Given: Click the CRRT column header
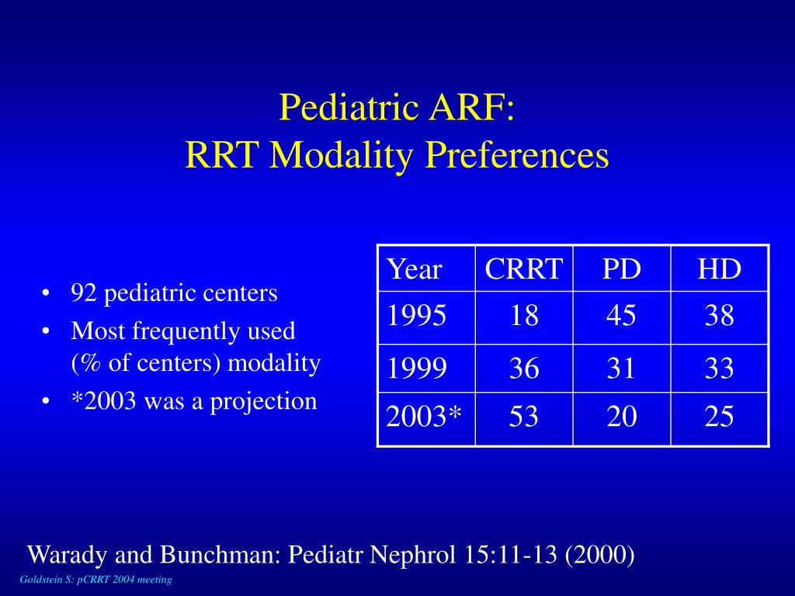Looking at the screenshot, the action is click(x=524, y=269).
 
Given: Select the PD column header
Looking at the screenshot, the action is click(x=622, y=269).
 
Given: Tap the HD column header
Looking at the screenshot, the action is click(x=720, y=269).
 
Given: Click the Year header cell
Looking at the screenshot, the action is click(x=415, y=269).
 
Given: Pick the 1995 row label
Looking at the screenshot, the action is click(x=416, y=315).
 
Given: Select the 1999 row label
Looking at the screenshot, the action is click(x=416, y=368).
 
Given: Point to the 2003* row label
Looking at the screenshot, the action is click(x=424, y=416).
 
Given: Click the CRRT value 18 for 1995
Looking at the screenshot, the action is click(x=524, y=315).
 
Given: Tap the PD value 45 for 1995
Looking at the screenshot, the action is click(x=621, y=315).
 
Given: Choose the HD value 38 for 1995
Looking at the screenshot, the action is click(x=719, y=315).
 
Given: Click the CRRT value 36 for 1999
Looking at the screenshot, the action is click(x=524, y=368).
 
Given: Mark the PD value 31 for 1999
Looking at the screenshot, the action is click(x=621, y=368).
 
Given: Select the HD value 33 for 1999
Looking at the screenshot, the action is click(x=719, y=368).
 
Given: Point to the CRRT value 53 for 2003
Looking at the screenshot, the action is click(x=524, y=416).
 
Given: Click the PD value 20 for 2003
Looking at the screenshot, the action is click(x=622, y=416).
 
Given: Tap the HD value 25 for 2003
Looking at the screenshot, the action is click(x=719, y=416).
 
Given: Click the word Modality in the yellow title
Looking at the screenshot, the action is click(x=341, y=155).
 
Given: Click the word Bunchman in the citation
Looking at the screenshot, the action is click(x=220, y=554).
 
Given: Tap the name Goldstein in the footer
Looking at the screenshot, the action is click(x=42, y=580).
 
